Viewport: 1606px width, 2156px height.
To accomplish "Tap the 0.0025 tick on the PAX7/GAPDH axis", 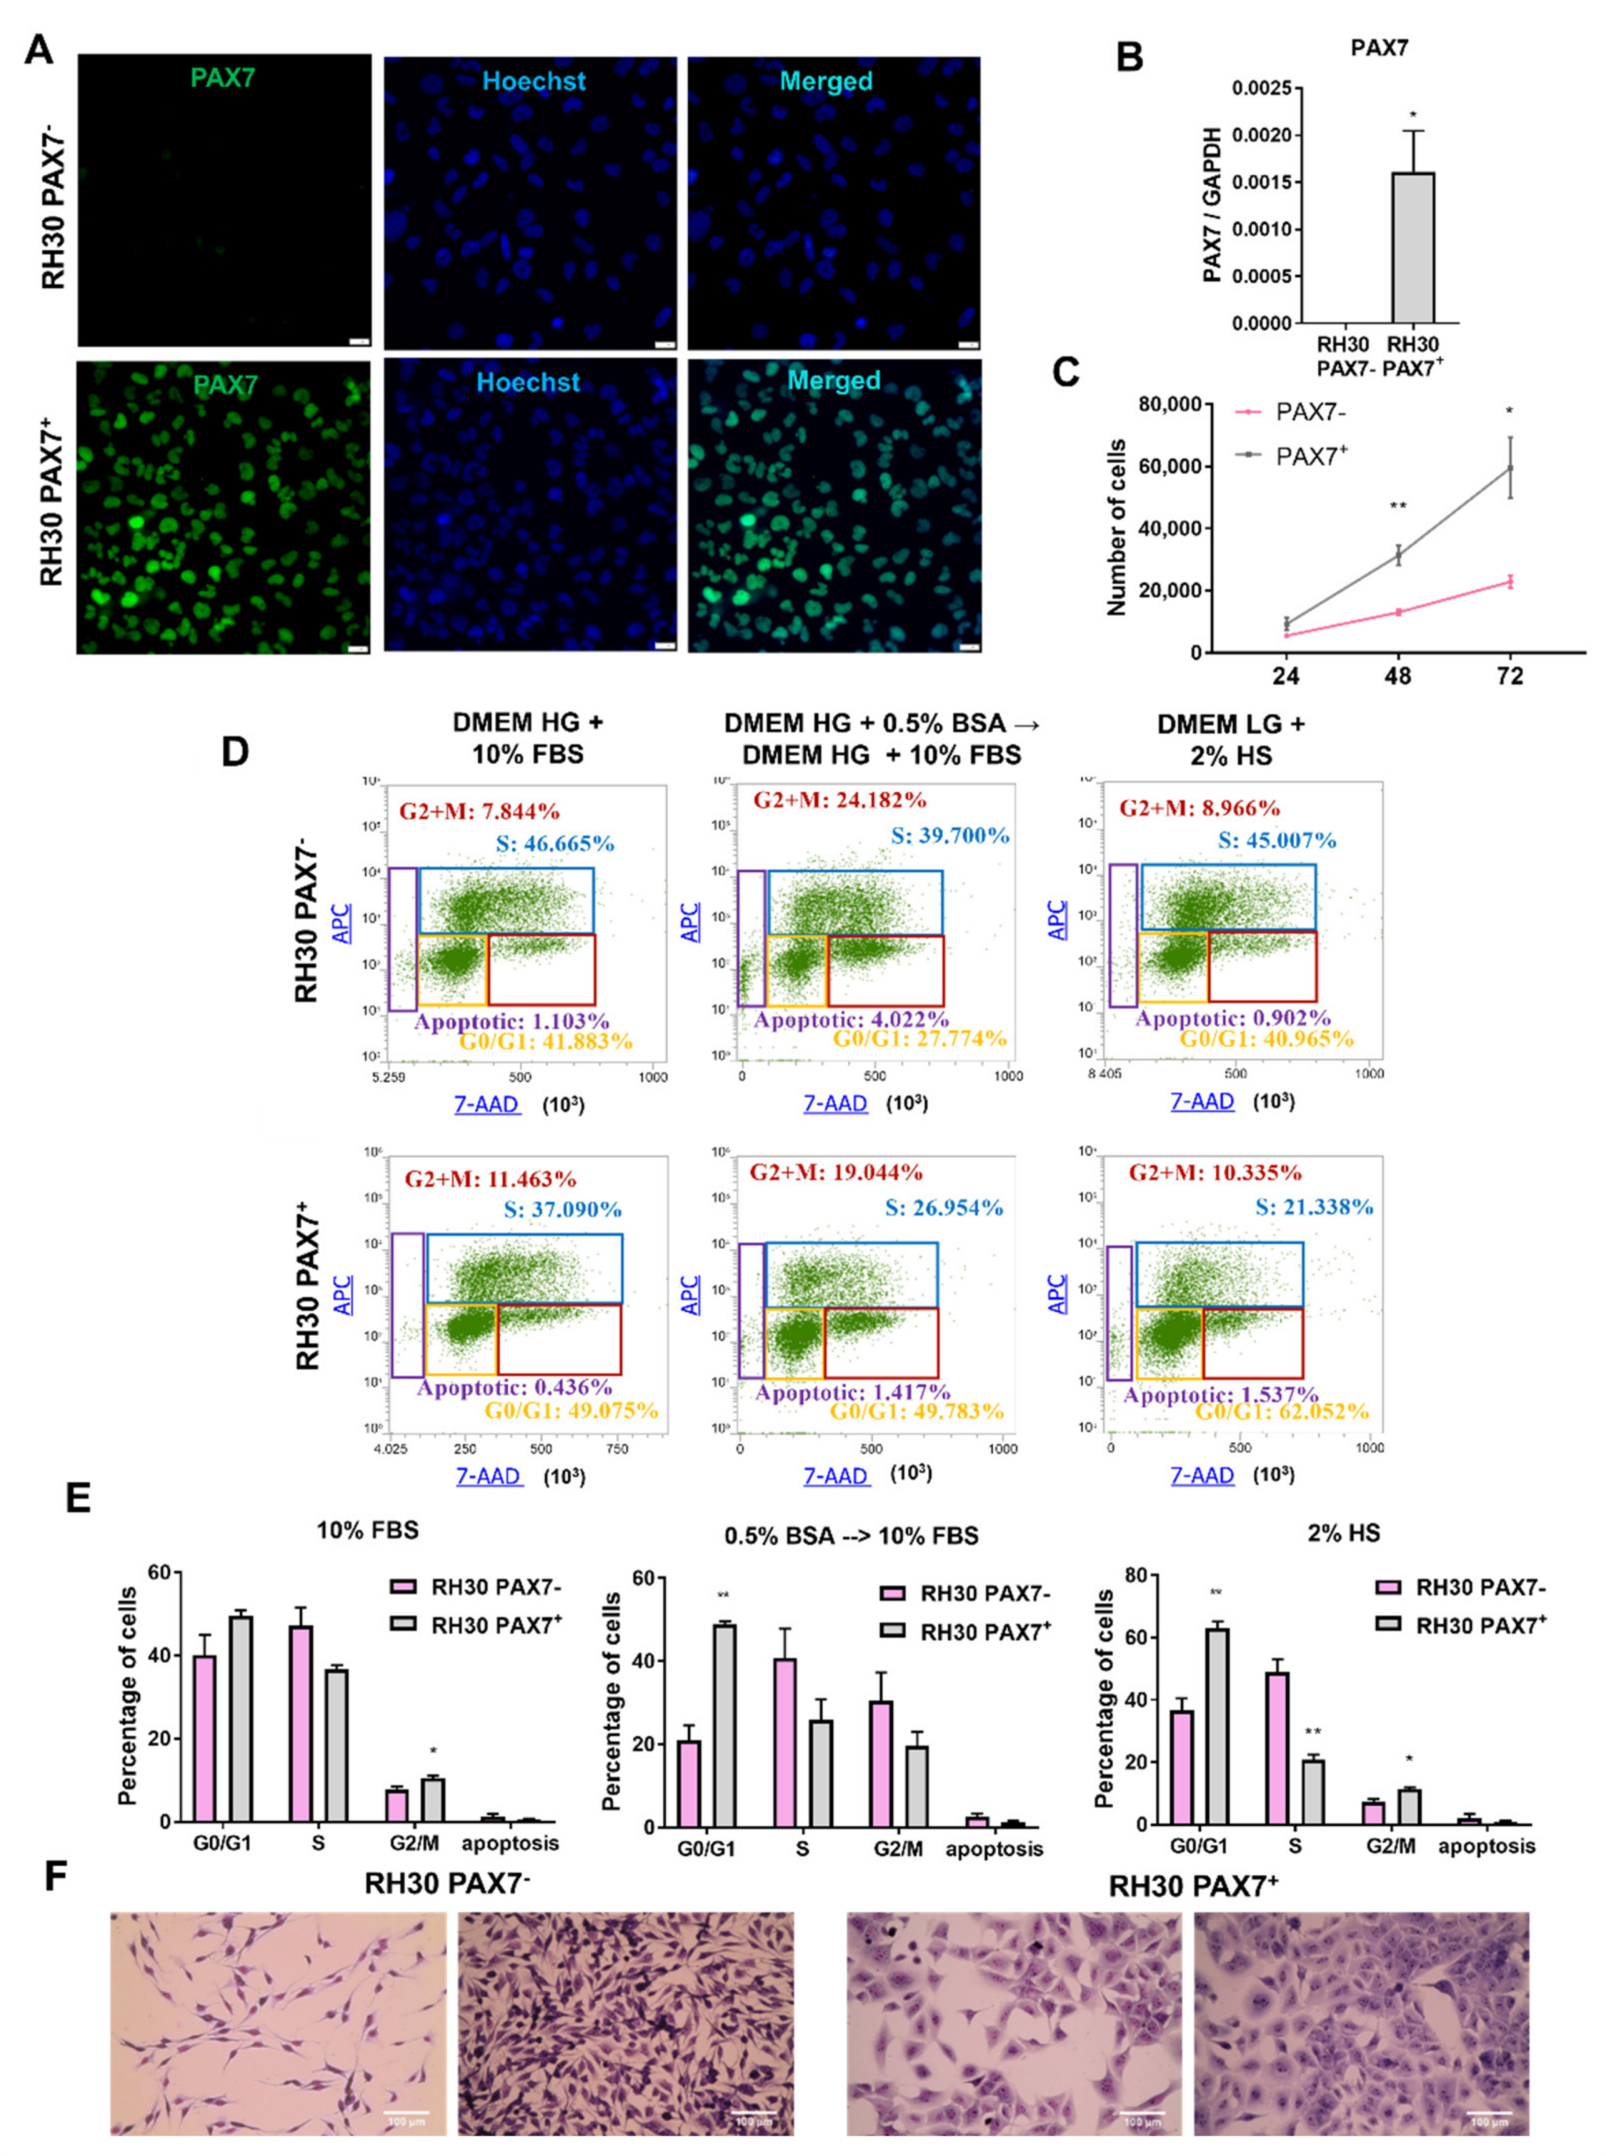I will (x=1267, y=89).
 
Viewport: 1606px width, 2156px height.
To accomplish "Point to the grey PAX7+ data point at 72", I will (x=1510, y=468).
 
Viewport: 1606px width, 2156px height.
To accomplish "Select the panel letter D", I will (x=237, y=751).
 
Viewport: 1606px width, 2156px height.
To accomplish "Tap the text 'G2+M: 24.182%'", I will (x=839, y=800).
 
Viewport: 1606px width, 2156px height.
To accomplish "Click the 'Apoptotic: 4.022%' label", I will (x=851, y=1020).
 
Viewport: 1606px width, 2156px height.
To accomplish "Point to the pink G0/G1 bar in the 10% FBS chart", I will (x=204, y=1738).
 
